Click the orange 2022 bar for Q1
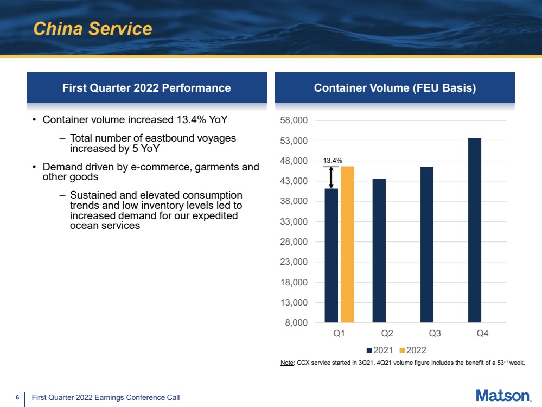tap(347, 245)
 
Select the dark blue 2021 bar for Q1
tap(331, 256)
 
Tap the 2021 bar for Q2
tap(379, 251)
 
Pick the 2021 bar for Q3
tap(426, 245)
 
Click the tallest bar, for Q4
tap(475, 230)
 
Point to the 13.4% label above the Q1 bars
tap(333, 161)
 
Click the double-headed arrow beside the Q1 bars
tap(331, 177)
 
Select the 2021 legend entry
tap(380, 350)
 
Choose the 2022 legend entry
tap(413, 350)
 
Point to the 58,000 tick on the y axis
tap(294, 120)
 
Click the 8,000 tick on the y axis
tap(296, 323)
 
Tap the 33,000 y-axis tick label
tap(294, 221)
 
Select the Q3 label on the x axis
tap(435, 333)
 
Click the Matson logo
tap(503, 396)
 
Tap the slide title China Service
tap(93, 28)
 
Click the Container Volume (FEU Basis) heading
tap(395, 88)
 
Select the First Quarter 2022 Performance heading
tap(146, 88)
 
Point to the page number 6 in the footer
tap(17, 397)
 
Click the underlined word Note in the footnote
tap(287, 363)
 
